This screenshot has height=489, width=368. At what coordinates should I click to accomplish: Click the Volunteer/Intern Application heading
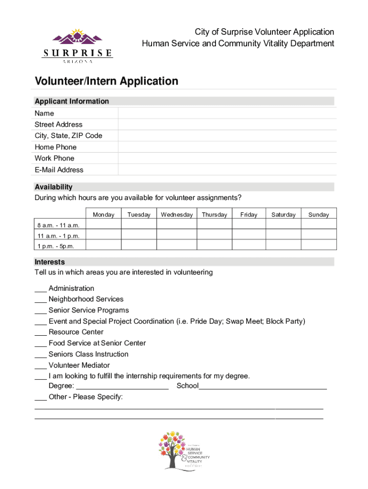pyautogui.click(x=106, y=81)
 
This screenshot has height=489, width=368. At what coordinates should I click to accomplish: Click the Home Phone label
pyautogui.click(x=55, y=147)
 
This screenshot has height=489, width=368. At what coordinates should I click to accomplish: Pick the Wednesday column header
pyautogui.click(x=177, y=215)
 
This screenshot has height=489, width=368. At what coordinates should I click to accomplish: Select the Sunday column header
pyautogui.click(x=318, y=215)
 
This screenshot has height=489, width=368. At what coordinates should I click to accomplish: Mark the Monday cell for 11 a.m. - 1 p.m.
pyautogui.click(x=104, y=236)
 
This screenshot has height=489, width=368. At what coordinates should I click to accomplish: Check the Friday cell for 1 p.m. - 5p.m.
pyautogui.click(x=249, y=246)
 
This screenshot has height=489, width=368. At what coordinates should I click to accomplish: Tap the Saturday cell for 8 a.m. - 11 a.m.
pyautogui.click(x=283, y=225)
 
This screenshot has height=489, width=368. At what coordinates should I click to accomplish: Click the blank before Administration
pyautogui.click(x=40, y=289)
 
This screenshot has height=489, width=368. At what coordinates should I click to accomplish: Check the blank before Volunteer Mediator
pyautogui.click(x=40, y=366)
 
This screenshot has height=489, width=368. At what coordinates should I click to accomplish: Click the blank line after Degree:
pyautogui.click(x=122, y=386)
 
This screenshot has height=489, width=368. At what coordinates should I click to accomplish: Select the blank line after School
pyautogui.click(x=263, y=386)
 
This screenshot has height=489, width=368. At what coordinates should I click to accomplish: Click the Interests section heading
pyautogui.click(x=50, y=262)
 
